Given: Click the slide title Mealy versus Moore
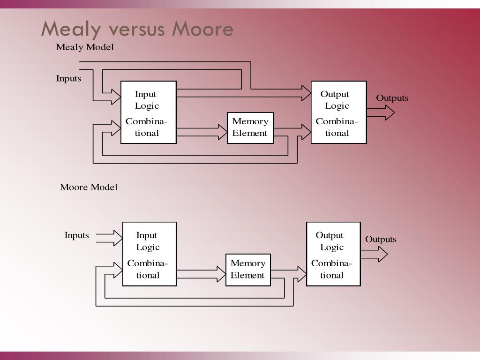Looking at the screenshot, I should coord(137,29).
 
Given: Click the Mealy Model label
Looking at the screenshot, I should coord(85,47).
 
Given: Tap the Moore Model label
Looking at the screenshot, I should coord(89,187).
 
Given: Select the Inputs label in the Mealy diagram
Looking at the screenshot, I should coord(68,79).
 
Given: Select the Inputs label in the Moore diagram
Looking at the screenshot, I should coord(76,235).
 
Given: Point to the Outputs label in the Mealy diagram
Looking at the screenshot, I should coord(392,98).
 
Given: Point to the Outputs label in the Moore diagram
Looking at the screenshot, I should coord(381,240).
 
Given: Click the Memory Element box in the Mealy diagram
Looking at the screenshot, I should coord(250,127).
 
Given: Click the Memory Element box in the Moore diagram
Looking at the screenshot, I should coord(248,270).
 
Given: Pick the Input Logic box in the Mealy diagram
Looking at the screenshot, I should coord(149,112).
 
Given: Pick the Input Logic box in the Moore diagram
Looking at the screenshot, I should coord(150,254).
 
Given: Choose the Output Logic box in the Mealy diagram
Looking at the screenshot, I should coord(338,112).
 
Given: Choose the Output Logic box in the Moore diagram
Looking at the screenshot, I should coord(333,254).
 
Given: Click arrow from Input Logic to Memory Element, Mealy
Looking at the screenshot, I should coord(202,132).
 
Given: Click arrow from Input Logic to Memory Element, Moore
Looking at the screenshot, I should coord(201,274).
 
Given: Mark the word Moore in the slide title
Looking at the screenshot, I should coord(202,29).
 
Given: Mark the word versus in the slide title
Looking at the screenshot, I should coord(136,29).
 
